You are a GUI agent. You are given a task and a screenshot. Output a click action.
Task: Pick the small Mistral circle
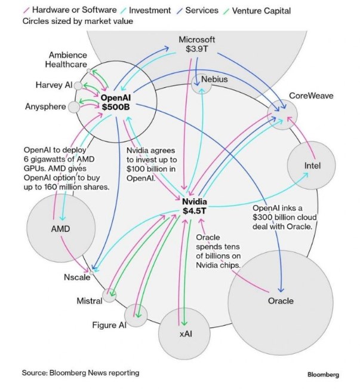(x=109, y=295)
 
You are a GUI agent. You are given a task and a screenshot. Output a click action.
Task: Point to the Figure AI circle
(x=136, y=315)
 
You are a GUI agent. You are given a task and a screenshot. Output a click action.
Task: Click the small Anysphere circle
(x=74, y=107)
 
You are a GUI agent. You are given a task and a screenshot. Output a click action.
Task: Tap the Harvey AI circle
(x=78, y=85)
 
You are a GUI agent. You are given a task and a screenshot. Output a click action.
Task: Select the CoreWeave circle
(x=283, y=112)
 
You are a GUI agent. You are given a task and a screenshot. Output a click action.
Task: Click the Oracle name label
(x=280, y=301)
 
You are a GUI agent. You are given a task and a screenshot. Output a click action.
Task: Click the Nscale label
(x=77, y=277)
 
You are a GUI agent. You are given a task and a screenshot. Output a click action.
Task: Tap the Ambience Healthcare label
(x=67, y=60)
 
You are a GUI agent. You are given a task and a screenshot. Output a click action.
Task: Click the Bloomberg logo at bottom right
(x=323, y=375)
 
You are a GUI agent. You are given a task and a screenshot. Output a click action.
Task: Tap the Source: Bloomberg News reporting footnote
(x=81, y=372)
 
